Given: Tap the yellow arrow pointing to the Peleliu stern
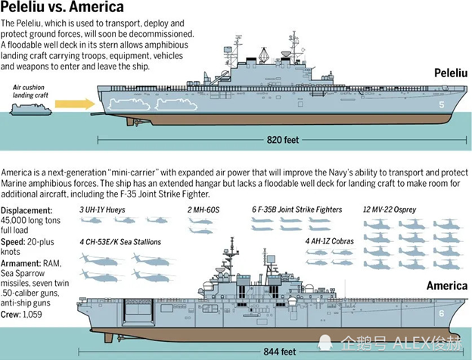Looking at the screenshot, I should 76,103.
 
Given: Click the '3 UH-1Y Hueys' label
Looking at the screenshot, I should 107,209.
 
